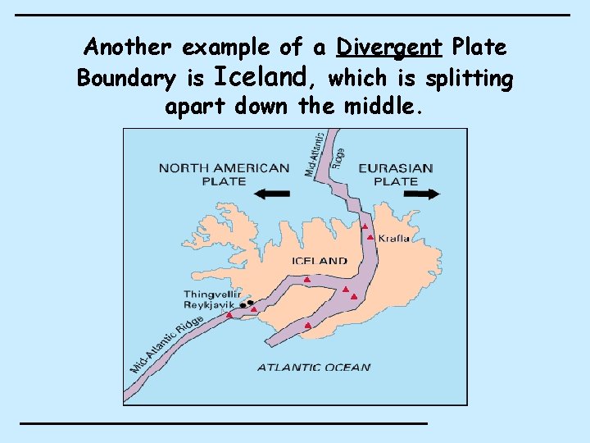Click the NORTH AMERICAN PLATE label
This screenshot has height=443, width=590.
click(x=224, y=174)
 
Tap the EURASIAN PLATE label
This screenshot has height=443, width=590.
click(x=396, y=174)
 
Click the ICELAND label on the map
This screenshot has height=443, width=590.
click(x=320, y=261)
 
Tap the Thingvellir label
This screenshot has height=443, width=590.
click(x=211, y=294)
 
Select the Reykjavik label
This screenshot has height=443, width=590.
click(x=209, y=304)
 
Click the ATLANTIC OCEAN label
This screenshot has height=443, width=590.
click(x=314, y=368)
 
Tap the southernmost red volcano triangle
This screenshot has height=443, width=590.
click(x=307, y=326)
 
